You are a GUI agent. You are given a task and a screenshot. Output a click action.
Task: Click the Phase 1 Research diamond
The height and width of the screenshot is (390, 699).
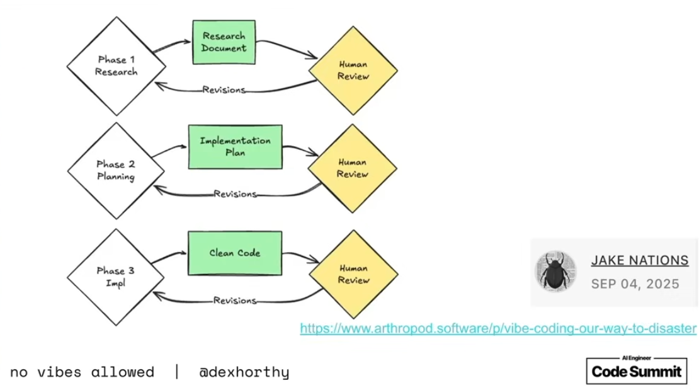[x=116, y=66]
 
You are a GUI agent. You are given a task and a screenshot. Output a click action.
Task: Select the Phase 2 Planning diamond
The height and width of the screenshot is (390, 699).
[x=116, y=171]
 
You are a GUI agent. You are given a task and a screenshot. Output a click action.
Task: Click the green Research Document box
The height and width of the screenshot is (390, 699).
[x=224, y=42]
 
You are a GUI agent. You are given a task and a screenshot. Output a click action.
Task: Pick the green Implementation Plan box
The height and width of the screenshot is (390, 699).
[x=235, y=146]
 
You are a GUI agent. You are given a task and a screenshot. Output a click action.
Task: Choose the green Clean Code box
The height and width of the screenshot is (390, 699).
[x=235, y=253]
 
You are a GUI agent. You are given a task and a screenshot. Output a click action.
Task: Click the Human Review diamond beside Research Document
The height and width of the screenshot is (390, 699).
[x=353, y=70]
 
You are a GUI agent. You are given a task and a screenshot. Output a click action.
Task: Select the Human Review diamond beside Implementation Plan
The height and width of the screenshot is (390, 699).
[x=352, y=168]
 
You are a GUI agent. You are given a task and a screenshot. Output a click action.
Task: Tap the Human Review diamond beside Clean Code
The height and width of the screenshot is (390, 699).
[x=353, y=274]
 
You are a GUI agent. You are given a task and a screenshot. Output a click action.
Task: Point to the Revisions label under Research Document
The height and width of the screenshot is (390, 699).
[x=224, y=89]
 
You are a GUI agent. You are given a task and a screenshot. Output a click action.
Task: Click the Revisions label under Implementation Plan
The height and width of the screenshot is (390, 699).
[x=235, y=193]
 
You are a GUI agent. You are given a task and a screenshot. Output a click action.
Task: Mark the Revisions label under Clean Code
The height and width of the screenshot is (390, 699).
[x=235, y=301]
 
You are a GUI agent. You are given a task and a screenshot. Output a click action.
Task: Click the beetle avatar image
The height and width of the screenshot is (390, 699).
[x=555, y=272]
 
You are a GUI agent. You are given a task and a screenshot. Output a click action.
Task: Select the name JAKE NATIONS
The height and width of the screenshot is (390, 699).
[x=639, y=260]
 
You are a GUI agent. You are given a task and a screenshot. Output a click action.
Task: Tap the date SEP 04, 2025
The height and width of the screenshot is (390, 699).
[x=635, y=284]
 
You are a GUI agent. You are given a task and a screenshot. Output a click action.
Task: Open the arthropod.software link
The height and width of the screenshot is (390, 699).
[x=498, y=328]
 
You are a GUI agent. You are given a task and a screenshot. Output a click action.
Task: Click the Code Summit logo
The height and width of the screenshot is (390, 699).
[x=636, y=370]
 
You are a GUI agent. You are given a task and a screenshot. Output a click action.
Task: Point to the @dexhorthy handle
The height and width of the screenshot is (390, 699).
[x=244, y=372]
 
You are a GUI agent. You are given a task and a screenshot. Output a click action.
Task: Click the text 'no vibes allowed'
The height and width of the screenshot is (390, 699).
[x=82, y=372]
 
